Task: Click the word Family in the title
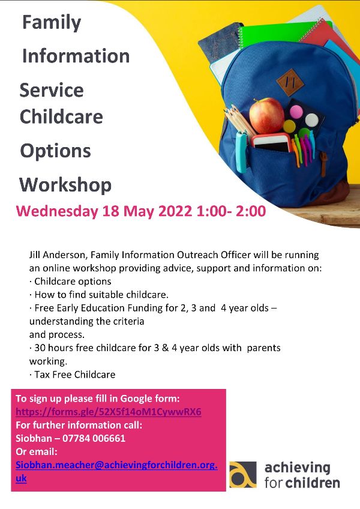52,23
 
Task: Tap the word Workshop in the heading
65,185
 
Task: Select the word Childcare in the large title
61,116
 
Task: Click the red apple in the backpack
266,116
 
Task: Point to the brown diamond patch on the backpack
290,82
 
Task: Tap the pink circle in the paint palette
296,112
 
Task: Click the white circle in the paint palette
311,120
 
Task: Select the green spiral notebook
276,35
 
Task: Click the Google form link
109,412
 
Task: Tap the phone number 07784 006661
94,438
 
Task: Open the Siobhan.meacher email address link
116,471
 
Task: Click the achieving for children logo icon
243,474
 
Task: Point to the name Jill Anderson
58,255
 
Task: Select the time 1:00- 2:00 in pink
231,211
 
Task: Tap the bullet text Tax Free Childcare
75,375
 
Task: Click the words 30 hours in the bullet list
54,348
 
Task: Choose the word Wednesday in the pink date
57,212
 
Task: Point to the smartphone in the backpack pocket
272,143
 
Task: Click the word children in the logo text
313,483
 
